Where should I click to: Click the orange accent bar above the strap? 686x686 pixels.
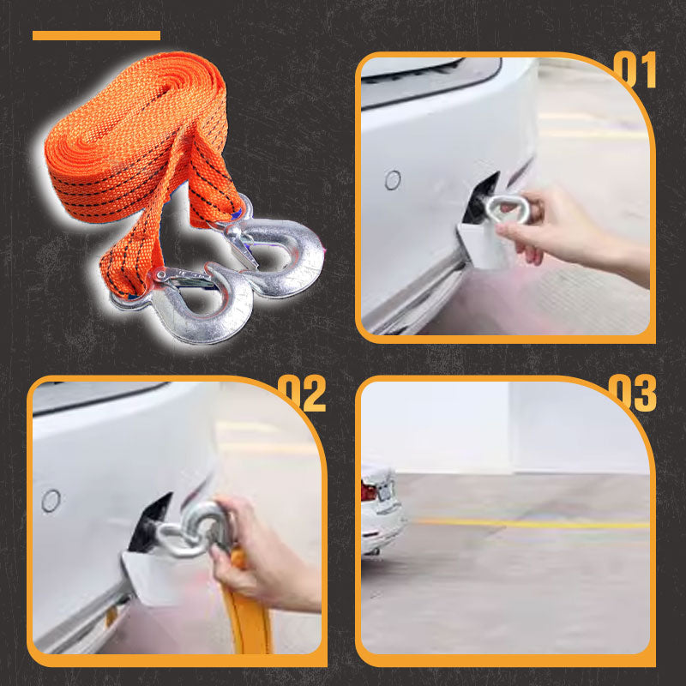96,36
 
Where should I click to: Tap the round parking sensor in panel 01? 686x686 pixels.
393,180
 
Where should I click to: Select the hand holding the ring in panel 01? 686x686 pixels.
557,227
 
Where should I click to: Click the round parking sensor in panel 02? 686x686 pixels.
51,501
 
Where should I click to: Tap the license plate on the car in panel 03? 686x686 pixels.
385,490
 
